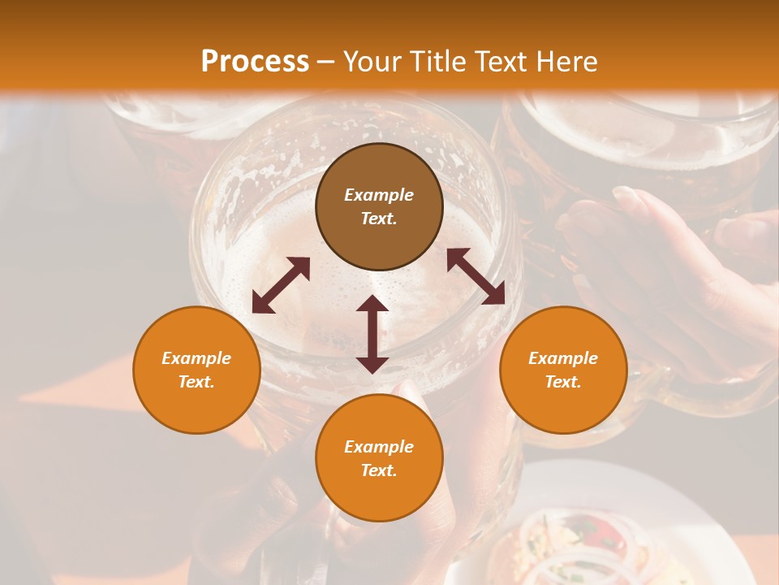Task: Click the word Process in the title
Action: tap(255, 62)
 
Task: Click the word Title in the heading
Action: tap(437, 62)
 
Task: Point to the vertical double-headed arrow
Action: tap(372, 334)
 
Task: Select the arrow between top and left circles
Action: tap(281, 284)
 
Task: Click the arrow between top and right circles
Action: tap(476, 276)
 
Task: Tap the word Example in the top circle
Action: tap(379, 195)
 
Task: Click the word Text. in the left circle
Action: tap(196, 382)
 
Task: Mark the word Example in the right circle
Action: tap(563, 358)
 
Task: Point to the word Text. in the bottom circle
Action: tap(379, 470)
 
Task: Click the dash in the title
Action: tap(325, 62)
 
